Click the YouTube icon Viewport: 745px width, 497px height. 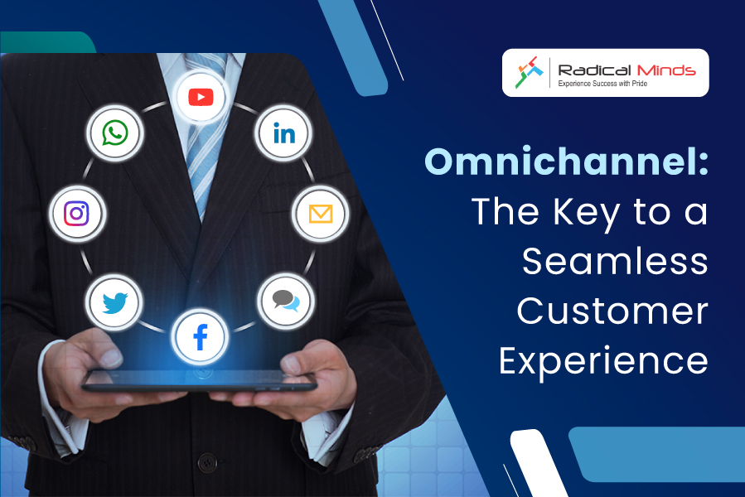(201, 98)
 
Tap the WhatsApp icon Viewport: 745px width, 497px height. (115, 133)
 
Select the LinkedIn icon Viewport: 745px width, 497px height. (284, 133)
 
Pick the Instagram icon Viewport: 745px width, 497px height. (76, 214)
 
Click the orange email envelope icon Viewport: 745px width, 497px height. (320, 214)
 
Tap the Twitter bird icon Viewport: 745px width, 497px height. (114, 302)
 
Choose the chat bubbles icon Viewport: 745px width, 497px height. (286, 301)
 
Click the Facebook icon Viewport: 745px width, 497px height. (201, 337)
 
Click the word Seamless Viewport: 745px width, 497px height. (615, 261)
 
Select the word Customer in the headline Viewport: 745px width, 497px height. (612, 311)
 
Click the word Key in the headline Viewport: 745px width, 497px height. (587, 213)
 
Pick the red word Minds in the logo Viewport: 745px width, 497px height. (666, 70)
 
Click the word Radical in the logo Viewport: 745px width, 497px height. (594, 70)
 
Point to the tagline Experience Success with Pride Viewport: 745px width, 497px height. (602, 84)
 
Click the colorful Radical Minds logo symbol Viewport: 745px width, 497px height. (529, 72)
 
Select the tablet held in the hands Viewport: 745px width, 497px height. (200, 380)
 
